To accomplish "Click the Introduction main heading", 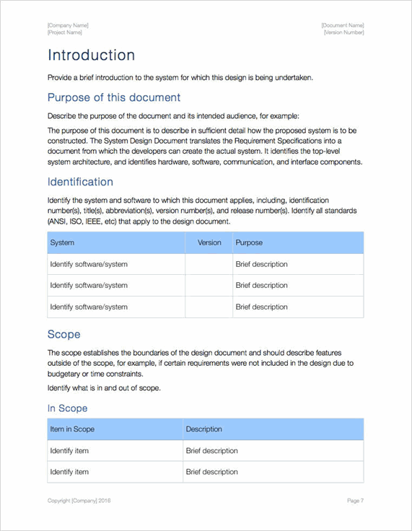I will [91, 56].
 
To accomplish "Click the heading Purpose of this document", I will [113, 97].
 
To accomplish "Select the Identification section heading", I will [80, 182].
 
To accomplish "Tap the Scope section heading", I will [63, 334].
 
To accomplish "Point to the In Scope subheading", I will [67, 408].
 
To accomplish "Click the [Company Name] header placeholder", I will [68, 25].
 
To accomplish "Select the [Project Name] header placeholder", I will [65, 32].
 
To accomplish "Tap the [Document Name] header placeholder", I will [343, 25].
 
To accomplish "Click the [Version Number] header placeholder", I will [344, 32].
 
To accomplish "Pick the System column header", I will [62, 243].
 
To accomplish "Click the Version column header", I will [209, 243].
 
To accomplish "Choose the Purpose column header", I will [249, 243].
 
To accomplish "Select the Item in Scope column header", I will [72, 429].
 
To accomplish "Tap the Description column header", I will [204, 429].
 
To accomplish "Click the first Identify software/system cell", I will [89, 264].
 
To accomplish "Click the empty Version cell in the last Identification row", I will [209, 307].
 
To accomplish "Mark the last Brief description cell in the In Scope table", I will [211, 472].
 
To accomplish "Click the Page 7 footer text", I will [354, 501].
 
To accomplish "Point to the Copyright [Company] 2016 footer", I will [79, 501].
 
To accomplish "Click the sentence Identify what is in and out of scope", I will [104, 388].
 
